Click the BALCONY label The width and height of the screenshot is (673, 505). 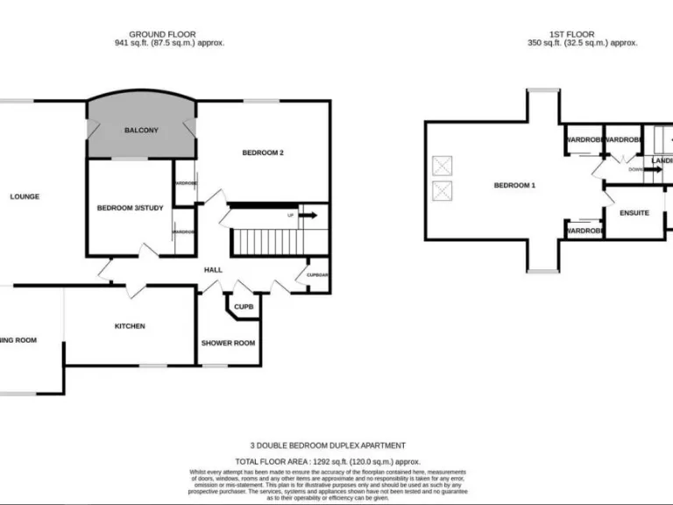141,131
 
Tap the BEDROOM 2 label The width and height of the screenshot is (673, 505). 263,153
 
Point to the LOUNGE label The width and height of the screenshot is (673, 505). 25,196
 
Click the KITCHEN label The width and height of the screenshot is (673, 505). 130,326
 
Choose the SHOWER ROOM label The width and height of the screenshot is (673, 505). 229,343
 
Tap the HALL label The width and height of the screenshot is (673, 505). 213,270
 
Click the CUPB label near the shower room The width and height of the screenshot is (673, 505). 244,307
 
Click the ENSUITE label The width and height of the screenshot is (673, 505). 634,212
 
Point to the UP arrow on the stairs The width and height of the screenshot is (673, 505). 307,214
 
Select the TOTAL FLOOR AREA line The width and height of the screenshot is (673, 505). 328,461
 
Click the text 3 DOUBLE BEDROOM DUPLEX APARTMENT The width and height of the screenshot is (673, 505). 328,445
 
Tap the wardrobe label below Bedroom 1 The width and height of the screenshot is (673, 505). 584,231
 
